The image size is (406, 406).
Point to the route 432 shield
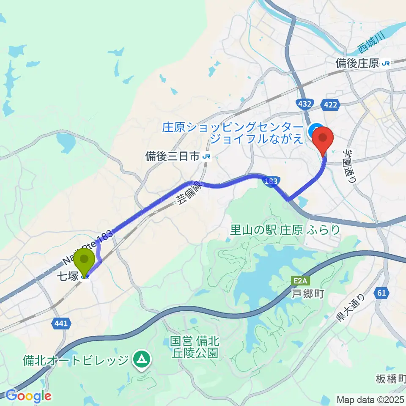pyautogui.click(x=305, y=104)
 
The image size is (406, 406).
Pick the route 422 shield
pyautogui.click(x=330, y=104)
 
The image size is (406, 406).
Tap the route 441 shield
pyautogui.click(x=61, y=324)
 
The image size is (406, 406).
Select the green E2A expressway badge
pyautogui.click(x=296, y=280)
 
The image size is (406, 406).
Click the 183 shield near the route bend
pyautogui.click(x=272, y=181)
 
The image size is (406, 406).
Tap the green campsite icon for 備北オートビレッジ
pyautogui.click(x=141, y=359)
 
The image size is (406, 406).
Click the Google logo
pyautogui.click(x=28, y=396)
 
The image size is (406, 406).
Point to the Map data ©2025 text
pyautogui.click(x=370, y=399)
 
